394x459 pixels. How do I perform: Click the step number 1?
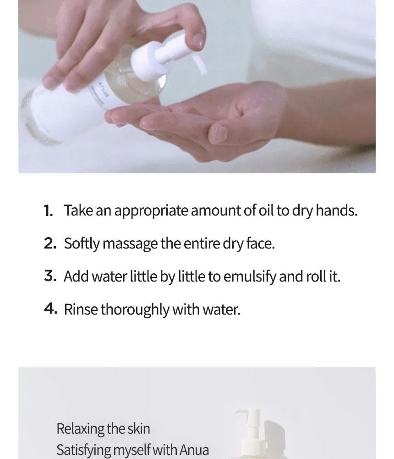tap(49, 211)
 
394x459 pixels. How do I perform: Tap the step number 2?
tap(50, 244)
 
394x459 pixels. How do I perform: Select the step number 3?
tap(50, 277)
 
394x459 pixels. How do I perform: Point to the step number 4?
tap(50, 309)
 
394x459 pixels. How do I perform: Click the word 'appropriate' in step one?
tap(151, 211)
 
